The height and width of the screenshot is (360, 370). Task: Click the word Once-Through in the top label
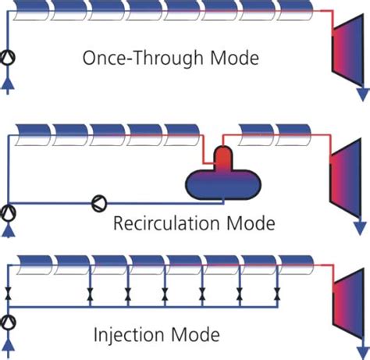(x=143, y=58)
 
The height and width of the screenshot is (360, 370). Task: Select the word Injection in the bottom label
(x=129, y=335)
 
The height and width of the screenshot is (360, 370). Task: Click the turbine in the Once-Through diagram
(x=347, y=50)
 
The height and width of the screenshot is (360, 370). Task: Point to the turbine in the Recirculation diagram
(x=345, y=179)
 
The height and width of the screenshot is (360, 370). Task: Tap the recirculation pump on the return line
(x=99, y=203)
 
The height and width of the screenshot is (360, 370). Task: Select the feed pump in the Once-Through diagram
(x=8, y=58)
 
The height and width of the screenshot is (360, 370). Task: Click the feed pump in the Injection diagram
(x=8, y=323)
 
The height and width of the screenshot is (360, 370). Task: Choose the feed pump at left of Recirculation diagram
(x=8, y=213)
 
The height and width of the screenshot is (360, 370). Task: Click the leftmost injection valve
(x=9, y=294)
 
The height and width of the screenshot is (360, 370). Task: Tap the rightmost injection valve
(x=277, y=294)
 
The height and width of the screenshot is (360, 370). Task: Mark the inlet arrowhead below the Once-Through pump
(x=8, y=84)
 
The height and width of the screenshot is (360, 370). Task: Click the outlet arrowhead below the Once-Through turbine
(x=363, y=94)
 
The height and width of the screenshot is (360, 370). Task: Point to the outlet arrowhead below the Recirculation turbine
(x=361, y=229)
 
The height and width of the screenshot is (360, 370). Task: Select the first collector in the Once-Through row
(x=30, y=10)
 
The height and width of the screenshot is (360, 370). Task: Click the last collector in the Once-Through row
(x=295, y=10)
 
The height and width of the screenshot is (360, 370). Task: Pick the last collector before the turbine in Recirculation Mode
(x=294, y=135)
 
